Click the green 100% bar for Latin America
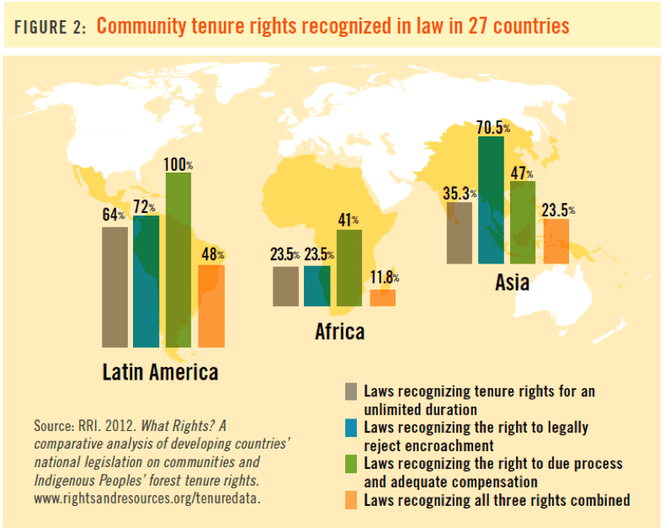(178, 260)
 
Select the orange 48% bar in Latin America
(211, 306)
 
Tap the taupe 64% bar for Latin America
(114, 287)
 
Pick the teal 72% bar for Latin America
(146, 282)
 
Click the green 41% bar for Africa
(348, 268)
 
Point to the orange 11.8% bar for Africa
(382, 297)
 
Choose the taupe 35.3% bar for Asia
(459, 233)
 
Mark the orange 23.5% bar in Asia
(556, 241)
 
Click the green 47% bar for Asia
(523, 222)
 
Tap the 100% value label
(178, 165)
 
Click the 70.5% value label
(493, 127)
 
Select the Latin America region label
(160, 371)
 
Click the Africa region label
(340, 331)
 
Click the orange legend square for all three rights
(350, 500)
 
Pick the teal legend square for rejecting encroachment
(350, 428)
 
